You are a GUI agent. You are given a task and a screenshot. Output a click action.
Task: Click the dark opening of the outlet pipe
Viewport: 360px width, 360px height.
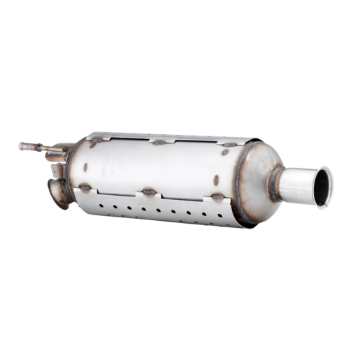tap(323, 187)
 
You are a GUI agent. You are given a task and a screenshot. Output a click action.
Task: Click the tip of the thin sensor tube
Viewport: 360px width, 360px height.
tap(22, 146)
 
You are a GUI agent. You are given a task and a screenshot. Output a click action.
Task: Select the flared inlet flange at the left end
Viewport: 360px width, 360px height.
tap(59, 193)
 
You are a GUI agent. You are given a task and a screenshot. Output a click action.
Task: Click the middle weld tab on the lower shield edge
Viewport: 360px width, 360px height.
tap(148, 191)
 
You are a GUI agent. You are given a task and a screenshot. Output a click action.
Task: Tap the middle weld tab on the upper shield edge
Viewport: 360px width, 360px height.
tap(159, 142)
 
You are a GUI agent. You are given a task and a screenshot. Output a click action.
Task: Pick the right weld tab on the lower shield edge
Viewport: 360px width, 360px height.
tap(217, 198)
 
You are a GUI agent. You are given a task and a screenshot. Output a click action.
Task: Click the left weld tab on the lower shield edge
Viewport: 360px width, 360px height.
tap(85, 187)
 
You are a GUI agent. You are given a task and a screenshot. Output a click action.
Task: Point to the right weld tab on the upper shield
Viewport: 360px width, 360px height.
tap(228, 147)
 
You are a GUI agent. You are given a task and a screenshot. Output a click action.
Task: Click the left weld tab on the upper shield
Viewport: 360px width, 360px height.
tap(96, 142)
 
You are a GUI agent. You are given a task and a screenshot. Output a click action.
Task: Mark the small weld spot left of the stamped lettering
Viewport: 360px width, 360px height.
tap(84, 167)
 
